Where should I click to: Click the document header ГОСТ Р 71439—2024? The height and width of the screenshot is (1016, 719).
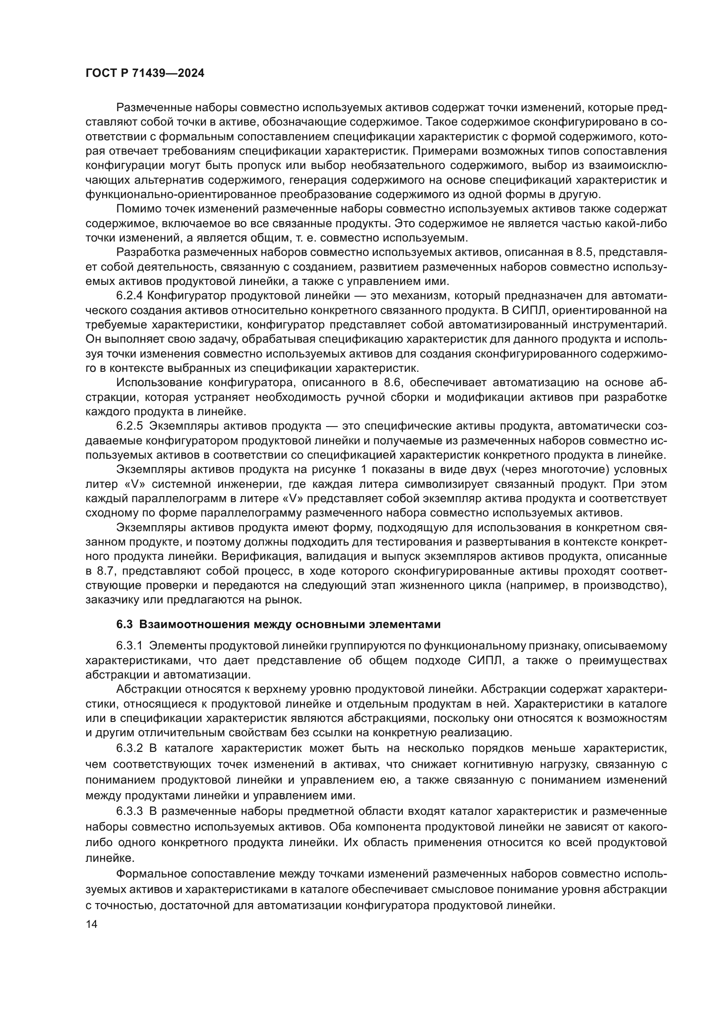[145, 73]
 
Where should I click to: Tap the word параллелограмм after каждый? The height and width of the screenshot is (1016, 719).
[180, 499]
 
